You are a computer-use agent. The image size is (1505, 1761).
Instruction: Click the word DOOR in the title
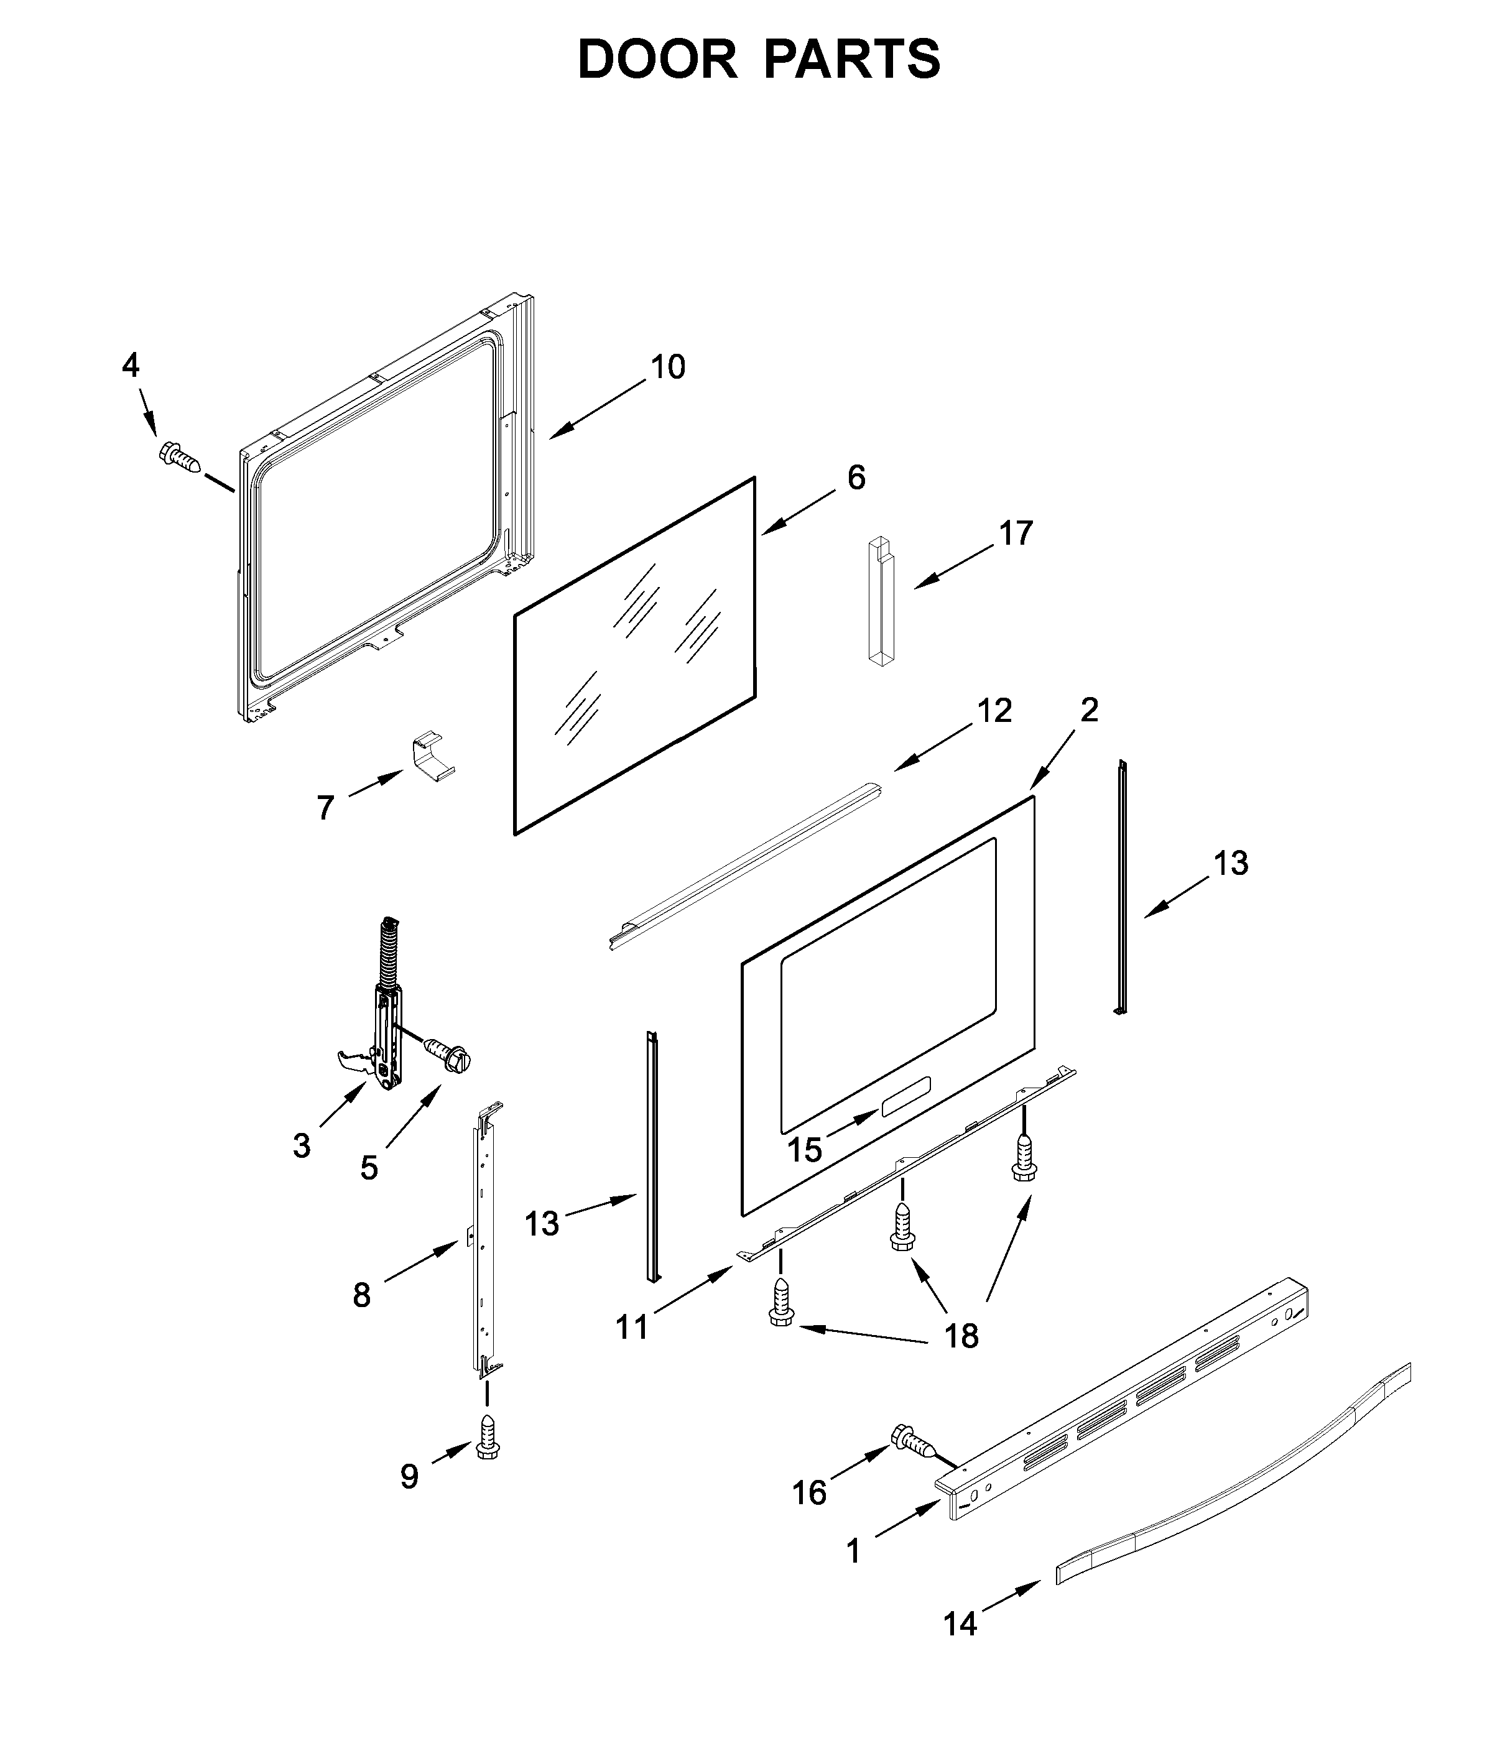[657, 60]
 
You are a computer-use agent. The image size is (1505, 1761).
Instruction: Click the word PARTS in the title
[851, 60]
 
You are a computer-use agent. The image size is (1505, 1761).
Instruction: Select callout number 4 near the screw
[130, 366]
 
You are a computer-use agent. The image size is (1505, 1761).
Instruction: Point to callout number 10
[668, 367]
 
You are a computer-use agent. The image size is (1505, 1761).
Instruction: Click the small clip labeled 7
[433, 755]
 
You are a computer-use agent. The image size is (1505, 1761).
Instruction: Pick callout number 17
[1016, 534]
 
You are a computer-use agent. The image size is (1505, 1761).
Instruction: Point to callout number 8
[362, 1295]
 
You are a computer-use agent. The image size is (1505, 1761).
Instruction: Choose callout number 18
[962, 1336]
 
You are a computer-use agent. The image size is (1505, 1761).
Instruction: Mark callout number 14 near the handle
[960, 1624]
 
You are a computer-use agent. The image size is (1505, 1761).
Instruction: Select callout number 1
[853, 1551]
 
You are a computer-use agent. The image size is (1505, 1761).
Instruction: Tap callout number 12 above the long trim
[994, 711]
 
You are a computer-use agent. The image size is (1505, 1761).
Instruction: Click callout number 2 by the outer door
[1090, 709]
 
